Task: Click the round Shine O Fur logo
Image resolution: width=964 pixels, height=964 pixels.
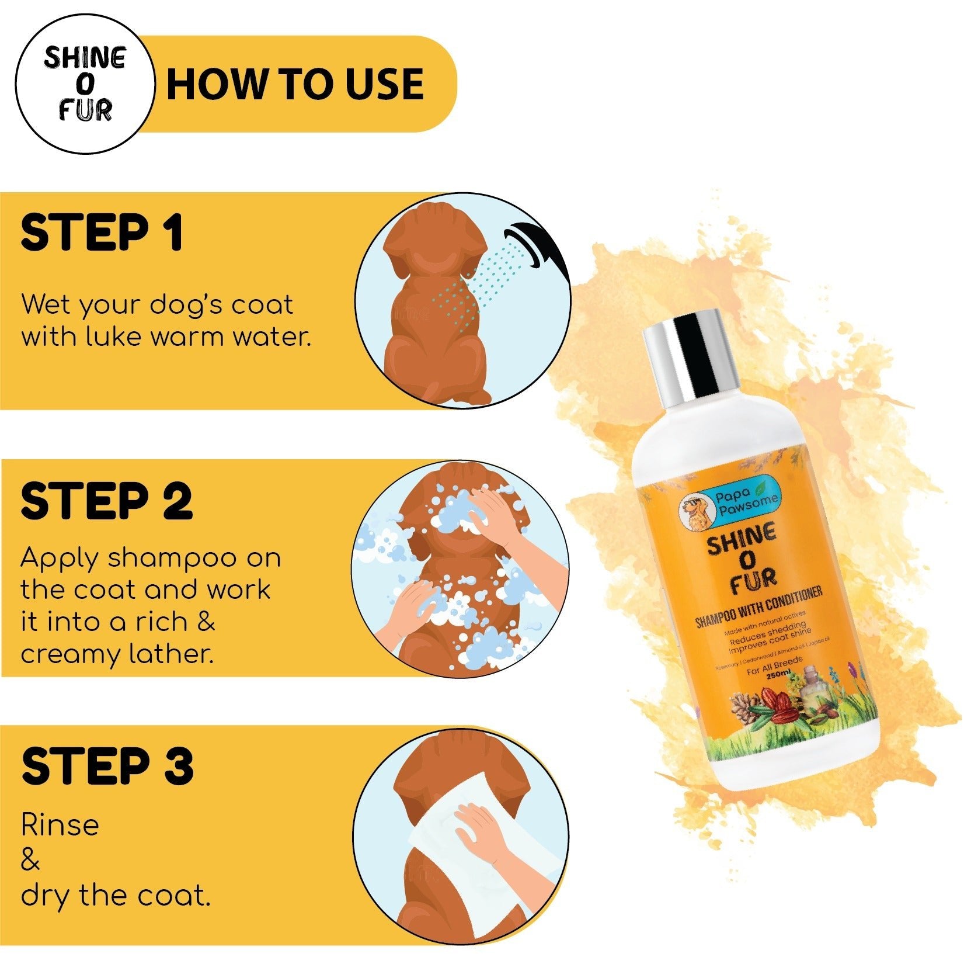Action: point(85,84)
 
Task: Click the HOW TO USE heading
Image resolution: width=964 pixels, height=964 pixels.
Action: point(295,84)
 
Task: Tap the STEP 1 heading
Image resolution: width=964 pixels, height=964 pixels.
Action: point(102,233)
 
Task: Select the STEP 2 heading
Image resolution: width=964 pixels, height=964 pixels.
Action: point(107,501)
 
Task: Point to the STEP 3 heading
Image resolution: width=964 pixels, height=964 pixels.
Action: point(107,767)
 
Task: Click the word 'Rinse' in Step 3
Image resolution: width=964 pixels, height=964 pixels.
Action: point(60,825)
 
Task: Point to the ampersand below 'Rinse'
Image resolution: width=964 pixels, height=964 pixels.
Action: point(30,861)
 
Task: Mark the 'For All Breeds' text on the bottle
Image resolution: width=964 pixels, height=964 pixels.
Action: point(774,665)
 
